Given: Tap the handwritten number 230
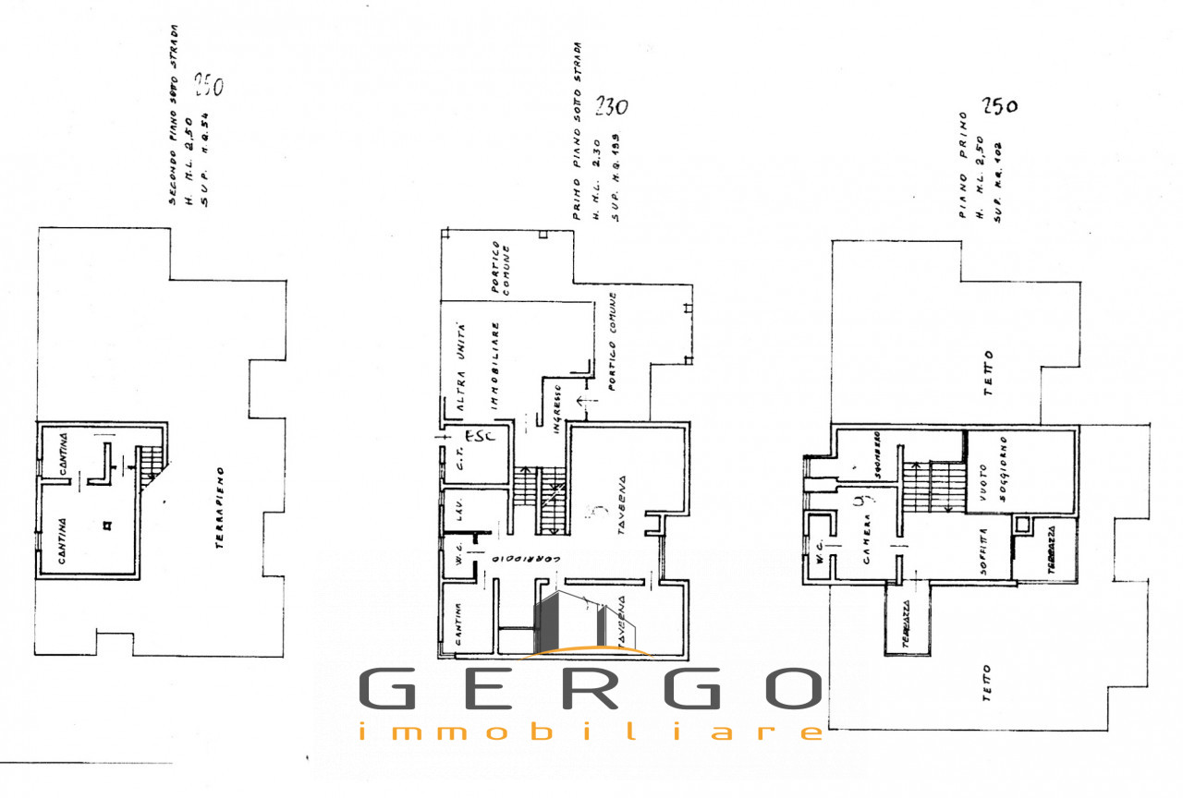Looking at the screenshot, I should pos(610,106).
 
